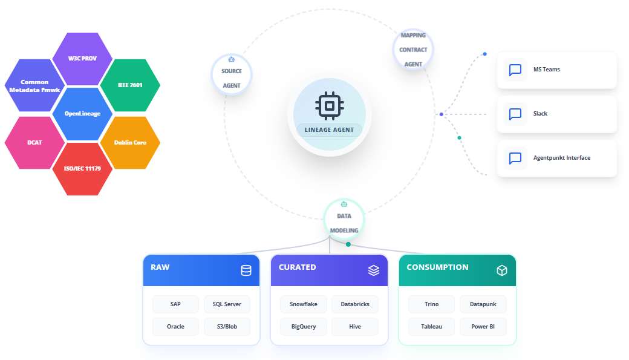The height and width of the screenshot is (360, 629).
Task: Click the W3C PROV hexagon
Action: [82, 59]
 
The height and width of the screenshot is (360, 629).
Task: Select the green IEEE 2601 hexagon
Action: [130, 85]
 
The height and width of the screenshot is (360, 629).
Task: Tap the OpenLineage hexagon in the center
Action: [82, 114]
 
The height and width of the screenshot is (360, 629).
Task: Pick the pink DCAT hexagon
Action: [34, 142]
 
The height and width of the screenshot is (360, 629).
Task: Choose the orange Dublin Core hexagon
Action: [130, 142]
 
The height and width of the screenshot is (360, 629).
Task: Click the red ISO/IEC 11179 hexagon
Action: [82, 169]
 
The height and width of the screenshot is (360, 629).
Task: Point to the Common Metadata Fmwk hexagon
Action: [34, 85]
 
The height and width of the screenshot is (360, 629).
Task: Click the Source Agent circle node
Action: [232, 74]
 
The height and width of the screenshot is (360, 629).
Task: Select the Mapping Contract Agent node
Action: [413, 50]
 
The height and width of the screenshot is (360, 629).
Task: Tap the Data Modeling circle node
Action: [344, 219]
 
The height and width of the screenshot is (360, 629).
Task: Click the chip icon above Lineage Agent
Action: [330, 106]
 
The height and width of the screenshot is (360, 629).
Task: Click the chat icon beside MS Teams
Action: [515, 70]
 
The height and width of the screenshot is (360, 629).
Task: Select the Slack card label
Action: [540, 114]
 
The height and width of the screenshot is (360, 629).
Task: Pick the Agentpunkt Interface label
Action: [562, 158]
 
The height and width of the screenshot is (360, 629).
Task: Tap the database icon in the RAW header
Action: [246, 270]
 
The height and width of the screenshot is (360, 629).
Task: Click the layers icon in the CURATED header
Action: [374, 270]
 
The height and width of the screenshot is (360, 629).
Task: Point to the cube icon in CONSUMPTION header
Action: [502, 270]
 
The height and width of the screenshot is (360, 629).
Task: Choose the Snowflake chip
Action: [304, 304]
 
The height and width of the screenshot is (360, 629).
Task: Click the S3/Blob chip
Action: [227, 327]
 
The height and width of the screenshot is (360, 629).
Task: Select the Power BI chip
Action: [483, 327]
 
